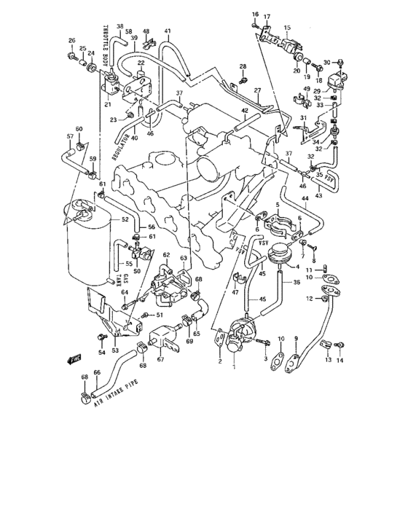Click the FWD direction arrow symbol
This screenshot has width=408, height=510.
[x=74, y=358]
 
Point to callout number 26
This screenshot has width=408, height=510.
[x=71, y=40]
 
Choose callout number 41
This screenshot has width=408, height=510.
[x=167, y=31]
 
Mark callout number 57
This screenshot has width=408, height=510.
[x=70, y=136]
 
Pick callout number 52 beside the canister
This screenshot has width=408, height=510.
[x=125, y=219]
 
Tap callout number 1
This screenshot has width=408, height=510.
[x=234, y=367]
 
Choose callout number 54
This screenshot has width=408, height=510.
[x=101, y=353]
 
